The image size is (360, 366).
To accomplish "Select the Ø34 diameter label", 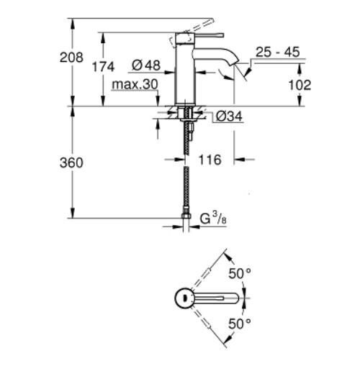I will tap(228, 116).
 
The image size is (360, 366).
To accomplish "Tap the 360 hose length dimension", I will tap(71, 163).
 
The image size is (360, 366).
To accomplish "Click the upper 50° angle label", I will tap(240, 273).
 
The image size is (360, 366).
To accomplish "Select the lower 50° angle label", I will tap(240, 324).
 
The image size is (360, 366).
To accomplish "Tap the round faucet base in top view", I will tap(184, 298).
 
